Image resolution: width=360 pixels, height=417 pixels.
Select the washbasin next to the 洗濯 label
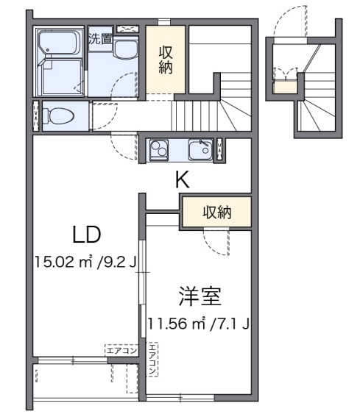[122, 50]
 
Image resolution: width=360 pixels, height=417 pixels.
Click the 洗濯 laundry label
[100, 40]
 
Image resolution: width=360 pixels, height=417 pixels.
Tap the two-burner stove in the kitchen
[160, 149]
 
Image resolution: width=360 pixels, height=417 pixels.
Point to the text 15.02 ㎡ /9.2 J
[84, 260]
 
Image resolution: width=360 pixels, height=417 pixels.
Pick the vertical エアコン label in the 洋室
[152, 360]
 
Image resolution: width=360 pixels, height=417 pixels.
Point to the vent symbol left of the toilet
[36, 115]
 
